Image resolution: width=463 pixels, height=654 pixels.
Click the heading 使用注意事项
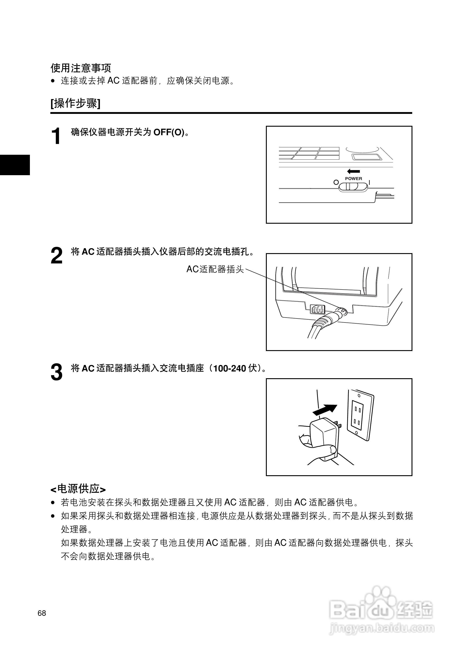(81, 68)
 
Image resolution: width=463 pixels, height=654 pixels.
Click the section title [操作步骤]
(76, 103)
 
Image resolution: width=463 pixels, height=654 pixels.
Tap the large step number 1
(56, 136)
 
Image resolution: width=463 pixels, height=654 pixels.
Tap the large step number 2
(56, 256)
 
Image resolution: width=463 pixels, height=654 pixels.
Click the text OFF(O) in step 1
(169, 133)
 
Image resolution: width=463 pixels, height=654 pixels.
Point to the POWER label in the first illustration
(354, 179)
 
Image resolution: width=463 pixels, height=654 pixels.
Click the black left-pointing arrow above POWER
(354, 171)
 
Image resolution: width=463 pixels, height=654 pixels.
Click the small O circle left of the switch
(336, 182)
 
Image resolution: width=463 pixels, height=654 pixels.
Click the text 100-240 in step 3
(229, 369)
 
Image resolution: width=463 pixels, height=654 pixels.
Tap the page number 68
(42, 613)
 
